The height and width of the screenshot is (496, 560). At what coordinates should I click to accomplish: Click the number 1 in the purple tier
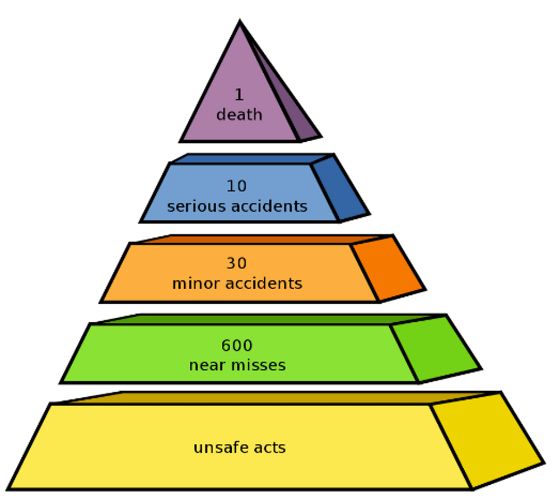(x=240, y=95)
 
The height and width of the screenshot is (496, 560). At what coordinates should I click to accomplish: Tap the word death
(x=240, y=114)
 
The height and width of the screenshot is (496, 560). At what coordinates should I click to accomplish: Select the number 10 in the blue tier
(x=237, y=186)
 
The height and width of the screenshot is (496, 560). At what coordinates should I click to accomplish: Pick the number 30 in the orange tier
(x=237, y=263)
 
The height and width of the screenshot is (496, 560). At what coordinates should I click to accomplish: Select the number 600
(x=237, y=345)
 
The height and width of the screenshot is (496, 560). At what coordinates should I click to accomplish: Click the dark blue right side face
(x=339, y=188)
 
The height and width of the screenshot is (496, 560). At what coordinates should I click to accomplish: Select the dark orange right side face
(x=388, y=268)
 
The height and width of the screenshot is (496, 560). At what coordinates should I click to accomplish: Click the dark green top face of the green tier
(x=269, y=319)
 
